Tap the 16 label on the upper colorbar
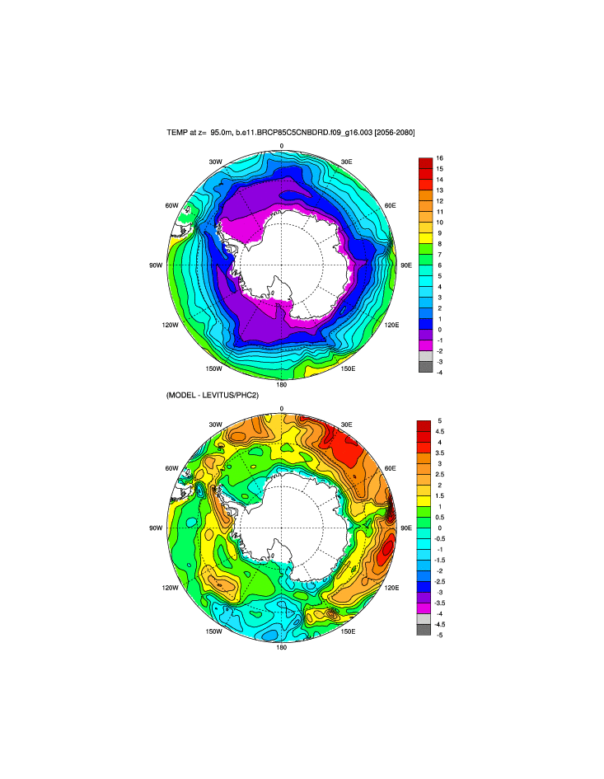(440, 157)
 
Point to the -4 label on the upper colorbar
(440, 372)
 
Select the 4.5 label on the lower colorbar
(440, 431)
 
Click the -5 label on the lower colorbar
(440, 635)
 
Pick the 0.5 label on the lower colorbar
(440, 517)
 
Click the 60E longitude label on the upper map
(390, 205)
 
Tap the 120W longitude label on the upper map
(171, 325)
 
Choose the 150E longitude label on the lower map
(348, 631)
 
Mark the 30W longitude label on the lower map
(215, 425)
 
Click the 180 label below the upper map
(281, 384)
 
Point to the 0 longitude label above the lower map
(281, 409)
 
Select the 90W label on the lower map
(154, 528)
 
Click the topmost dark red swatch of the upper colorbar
(425, 163)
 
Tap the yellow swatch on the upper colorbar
(425, 238)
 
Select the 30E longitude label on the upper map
(347, 162)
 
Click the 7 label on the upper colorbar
(440, 254)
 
